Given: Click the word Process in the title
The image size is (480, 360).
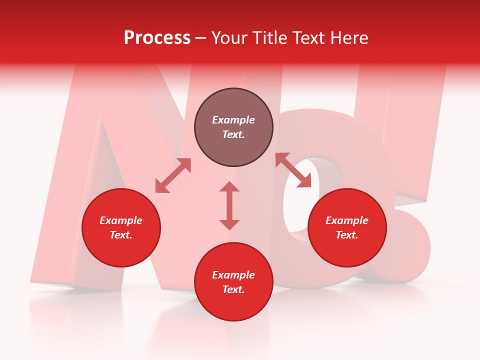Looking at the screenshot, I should pos(157,38).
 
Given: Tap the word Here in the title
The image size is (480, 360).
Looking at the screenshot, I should pos(348,38).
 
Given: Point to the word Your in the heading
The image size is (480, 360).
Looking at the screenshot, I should pos(230,38).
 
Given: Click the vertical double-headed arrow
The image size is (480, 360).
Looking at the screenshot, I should pos(229,205).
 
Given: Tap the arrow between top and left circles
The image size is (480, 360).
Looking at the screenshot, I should pos(173,175).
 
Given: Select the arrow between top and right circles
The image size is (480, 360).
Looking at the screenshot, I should pos(293,170).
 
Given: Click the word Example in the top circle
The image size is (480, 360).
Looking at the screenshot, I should pos(233,120).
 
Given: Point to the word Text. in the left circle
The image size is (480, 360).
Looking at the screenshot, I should pos(121,235).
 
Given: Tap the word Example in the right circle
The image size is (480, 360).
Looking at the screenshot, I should pos(347,220).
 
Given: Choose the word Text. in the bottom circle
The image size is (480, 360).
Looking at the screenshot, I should pos(233,289).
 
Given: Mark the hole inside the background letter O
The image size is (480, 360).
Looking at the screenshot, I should pos(312,200).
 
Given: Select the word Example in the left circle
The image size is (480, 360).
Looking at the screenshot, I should pos(121,220).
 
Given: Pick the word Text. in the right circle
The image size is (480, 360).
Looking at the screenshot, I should pos(347,235).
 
